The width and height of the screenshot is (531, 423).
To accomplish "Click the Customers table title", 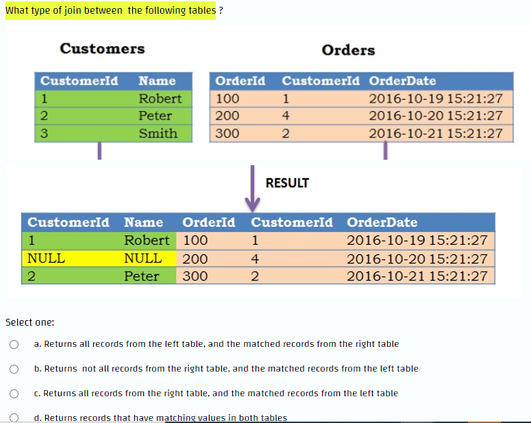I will tap(102, 49).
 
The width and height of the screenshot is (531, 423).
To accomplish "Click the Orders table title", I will tap(348, 50).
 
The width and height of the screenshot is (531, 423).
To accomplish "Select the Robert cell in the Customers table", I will tap(160, 98).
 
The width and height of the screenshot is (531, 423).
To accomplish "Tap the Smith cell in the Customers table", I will tap(158, 133).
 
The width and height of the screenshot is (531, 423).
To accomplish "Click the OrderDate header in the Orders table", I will tap(402, 81).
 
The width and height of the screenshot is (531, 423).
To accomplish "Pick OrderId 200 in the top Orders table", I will tap(227, 115).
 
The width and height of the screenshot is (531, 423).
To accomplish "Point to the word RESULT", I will tap(287, 183).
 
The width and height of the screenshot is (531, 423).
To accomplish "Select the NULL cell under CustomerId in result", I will tap(47, 258).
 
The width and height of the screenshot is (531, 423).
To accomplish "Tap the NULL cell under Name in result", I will tap(143, 258).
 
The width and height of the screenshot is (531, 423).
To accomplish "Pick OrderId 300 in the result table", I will tap(195, 276).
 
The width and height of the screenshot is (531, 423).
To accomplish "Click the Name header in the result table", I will tap(143, 222).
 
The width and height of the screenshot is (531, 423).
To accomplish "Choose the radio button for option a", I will tap(13, 344).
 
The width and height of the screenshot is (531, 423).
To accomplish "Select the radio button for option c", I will tap(13, 394).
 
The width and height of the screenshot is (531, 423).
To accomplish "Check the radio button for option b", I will tap(13, 369).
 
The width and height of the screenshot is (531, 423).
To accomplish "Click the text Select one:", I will tap(30, 322).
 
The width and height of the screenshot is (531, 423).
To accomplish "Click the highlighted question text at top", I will tap(110, 10).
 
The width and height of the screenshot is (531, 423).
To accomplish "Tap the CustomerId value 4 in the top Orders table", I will tap(286, 115).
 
